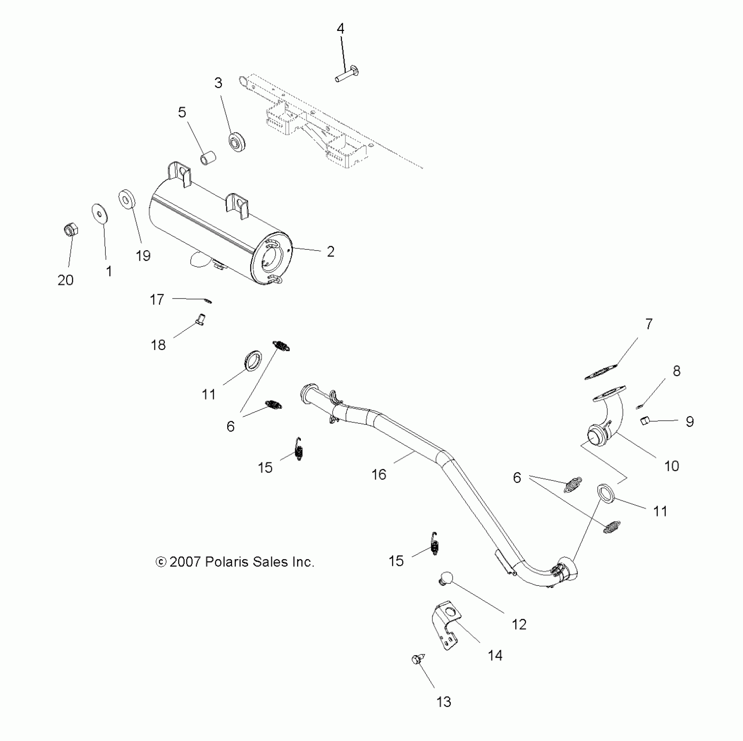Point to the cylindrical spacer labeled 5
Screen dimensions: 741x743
click(x=208, y=158)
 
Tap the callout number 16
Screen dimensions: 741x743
click(x=378, y=474)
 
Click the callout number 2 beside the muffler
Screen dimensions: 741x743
click(x=331, y=252)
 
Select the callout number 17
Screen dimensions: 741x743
click(x=157, y=299)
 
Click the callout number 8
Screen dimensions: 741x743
click(x=676, y=371)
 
